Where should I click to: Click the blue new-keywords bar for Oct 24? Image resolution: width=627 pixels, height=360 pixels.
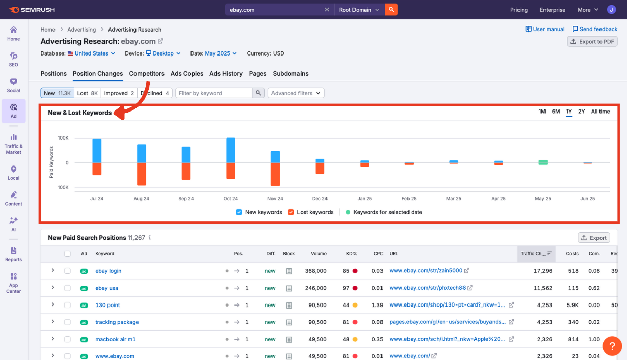(x=231, y=150)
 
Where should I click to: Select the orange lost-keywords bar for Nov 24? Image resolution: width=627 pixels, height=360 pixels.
(x=276, y=174)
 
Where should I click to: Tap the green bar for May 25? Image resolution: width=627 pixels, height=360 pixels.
(x=543, y=162)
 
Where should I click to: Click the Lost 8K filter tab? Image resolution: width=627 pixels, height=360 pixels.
(x=87, y=93)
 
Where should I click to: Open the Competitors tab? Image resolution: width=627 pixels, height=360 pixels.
(x=147, y=74)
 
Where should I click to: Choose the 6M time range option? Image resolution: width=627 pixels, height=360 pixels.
(x=556, y=112)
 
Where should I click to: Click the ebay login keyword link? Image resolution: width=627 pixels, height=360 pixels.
(x=108, y=271)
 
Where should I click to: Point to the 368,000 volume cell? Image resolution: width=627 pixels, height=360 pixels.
(x=316, y=271)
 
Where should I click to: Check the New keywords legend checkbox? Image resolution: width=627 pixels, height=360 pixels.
(x=239, y=212)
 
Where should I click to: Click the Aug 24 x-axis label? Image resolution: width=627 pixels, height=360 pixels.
(x=141, y=199)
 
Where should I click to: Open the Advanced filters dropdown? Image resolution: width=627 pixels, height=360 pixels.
(x=296, y=93)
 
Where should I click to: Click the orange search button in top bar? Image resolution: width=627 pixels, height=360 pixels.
(x=391, y=10)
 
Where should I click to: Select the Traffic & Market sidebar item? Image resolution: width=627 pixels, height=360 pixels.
(x=14, y=145)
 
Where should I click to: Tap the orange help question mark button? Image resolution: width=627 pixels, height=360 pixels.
(x=612, y=346)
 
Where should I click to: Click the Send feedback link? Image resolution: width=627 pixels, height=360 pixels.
(x=595, y=30)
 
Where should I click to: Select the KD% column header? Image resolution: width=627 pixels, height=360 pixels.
(x=351, y=253)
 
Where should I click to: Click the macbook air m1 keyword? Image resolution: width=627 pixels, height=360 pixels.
(x=116, y=339)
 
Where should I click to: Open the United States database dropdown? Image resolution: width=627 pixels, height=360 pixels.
(x=92, y=53)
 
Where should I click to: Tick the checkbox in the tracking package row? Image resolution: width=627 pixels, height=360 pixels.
(x=67, y=322)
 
